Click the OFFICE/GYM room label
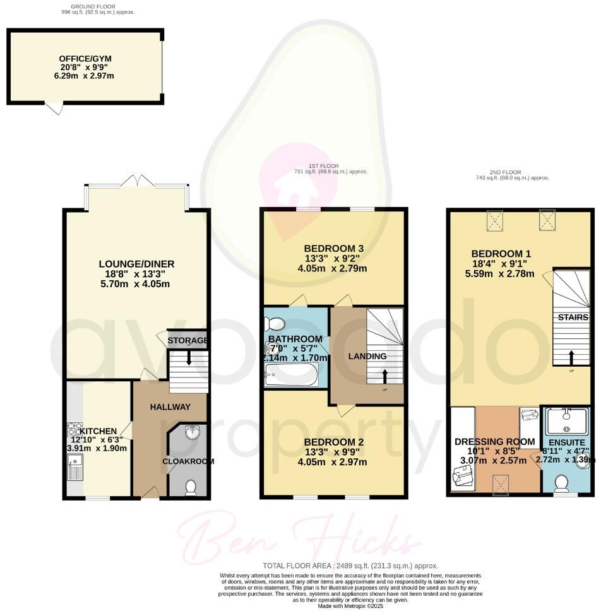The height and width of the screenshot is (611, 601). (x=86, y=59)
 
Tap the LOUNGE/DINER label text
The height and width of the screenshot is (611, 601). (x=136, y=264)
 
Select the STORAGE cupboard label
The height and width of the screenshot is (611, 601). (x=187, y=341)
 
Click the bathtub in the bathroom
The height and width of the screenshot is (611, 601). (x=291, y=376)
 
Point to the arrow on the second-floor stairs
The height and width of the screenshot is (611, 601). (x=571, y=357)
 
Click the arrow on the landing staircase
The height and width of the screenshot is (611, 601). (x=385, y=377)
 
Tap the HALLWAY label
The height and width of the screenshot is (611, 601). (x=169, y=407)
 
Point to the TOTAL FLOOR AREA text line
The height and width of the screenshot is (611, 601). (x=350, y=566)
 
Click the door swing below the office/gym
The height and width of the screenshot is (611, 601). (x=56, y=109)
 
